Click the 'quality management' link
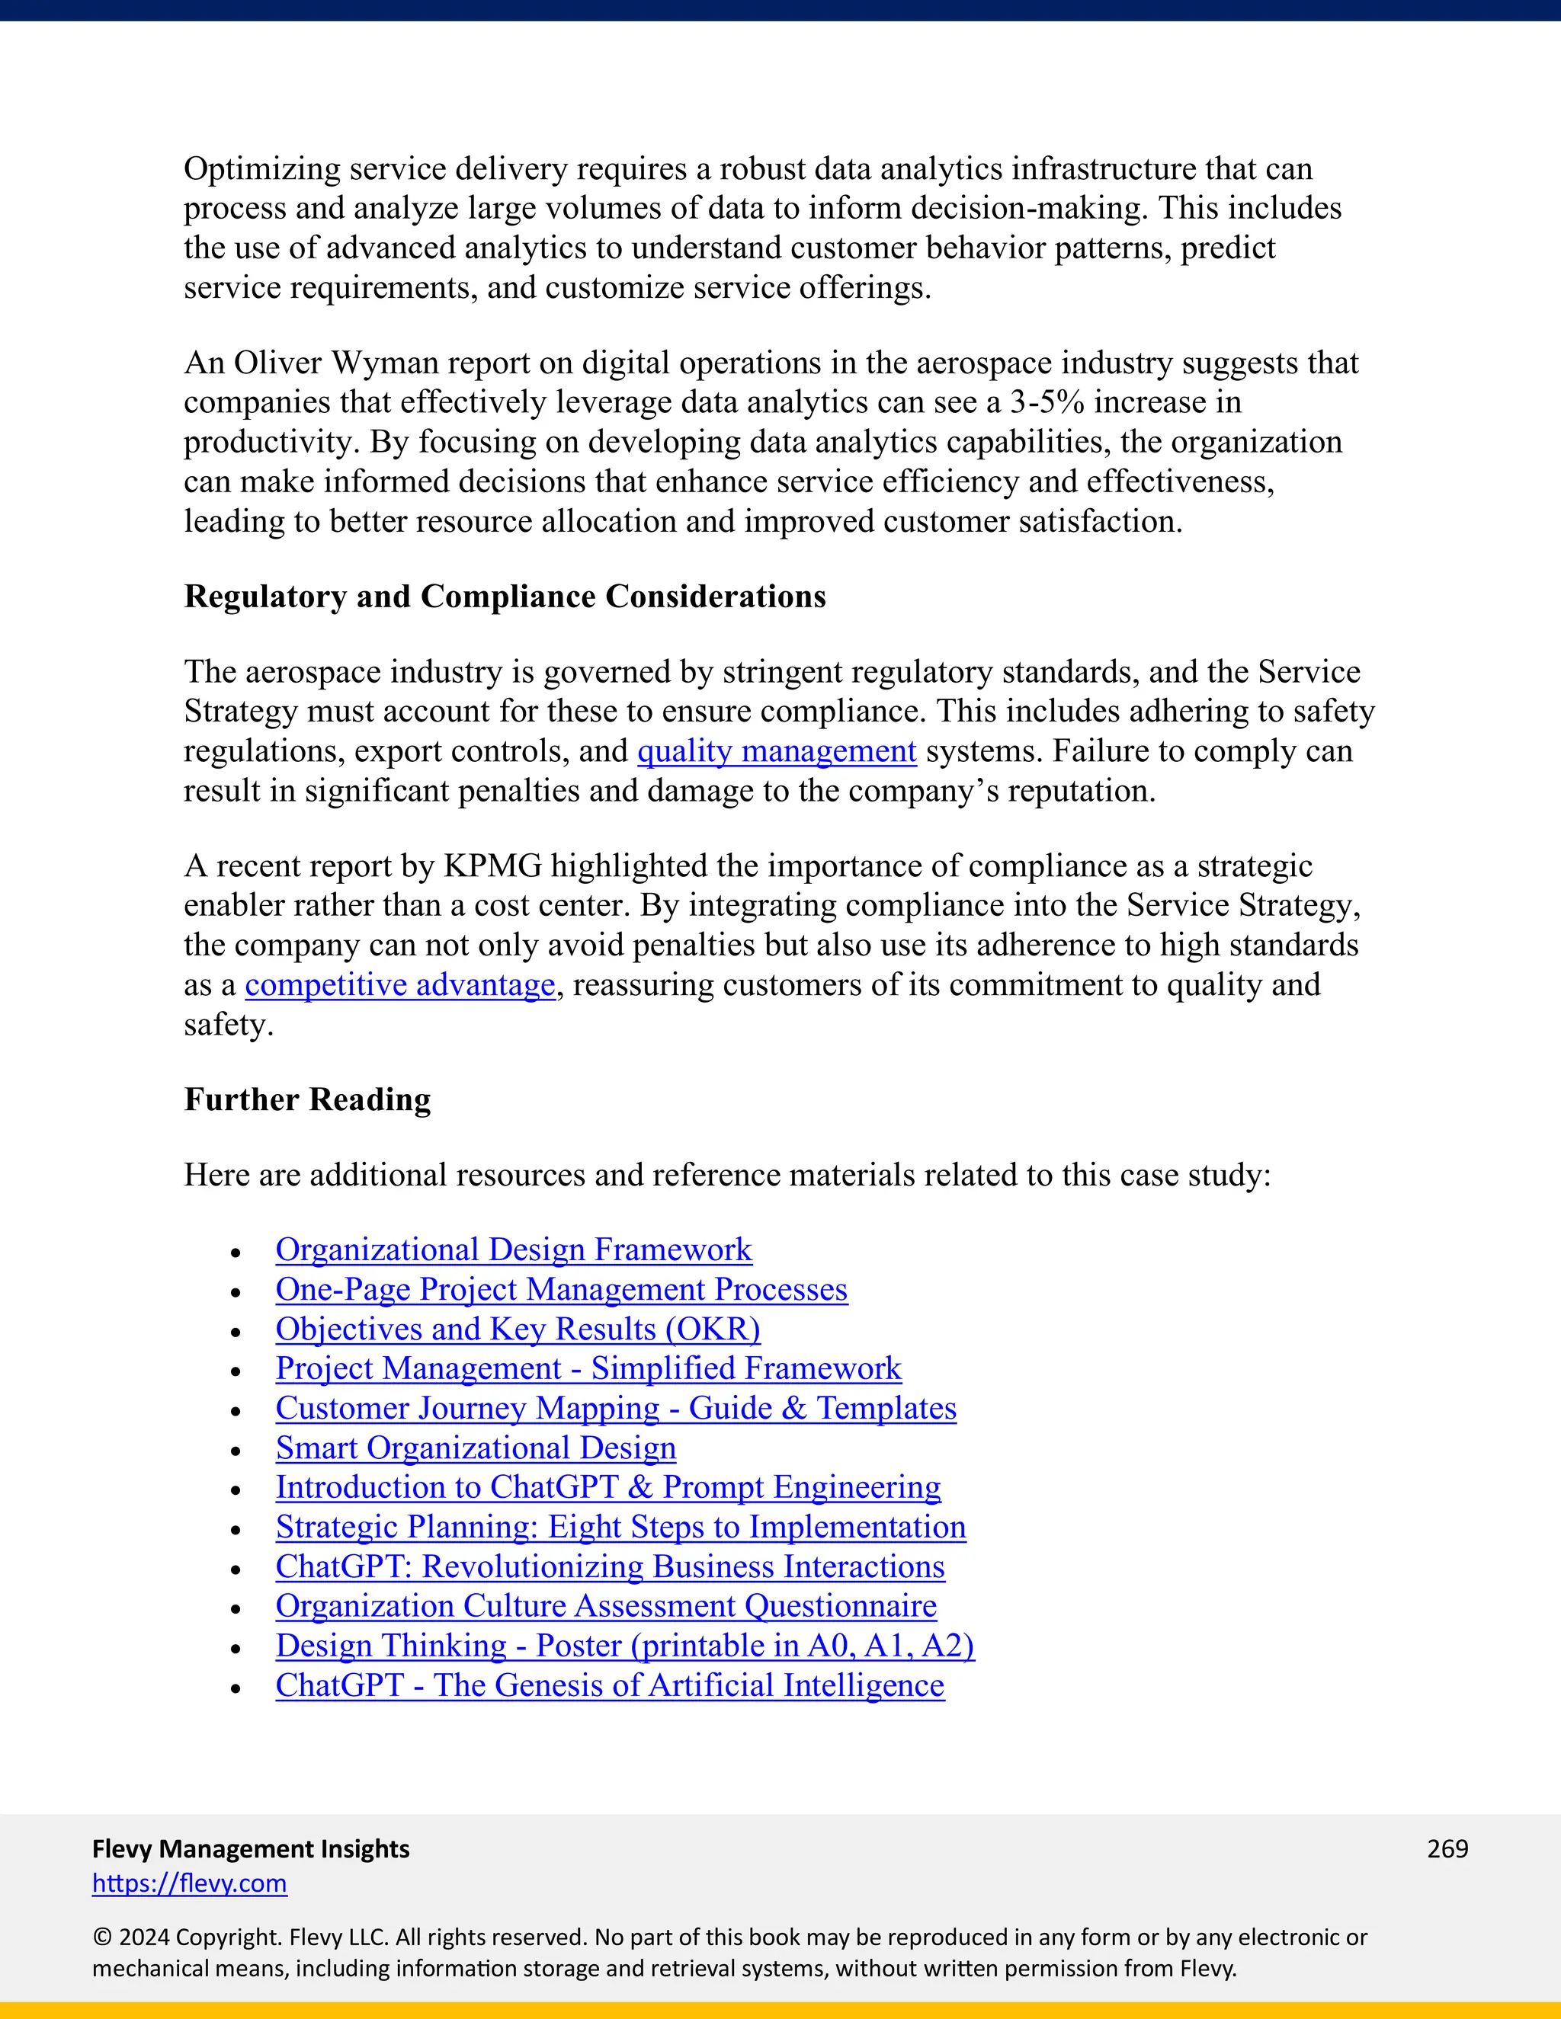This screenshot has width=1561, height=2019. pyautogui.click(x=776, y=751)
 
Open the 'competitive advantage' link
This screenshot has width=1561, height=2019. pyautogui.click(x=399, y=985)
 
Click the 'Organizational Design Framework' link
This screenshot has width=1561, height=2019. pyautogui.click(x=513, y=1249)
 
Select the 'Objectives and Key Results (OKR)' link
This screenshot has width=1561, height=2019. pyautogui.click(x=517, y=1329)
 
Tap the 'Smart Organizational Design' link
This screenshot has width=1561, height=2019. pyautogui.click(x=476, y=1448)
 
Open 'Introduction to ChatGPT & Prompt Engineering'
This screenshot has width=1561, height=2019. pyautogui.click(x=607, y=1487)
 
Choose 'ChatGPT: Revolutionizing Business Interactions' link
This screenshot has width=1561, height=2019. pyautogui.click(x=610, y=1567)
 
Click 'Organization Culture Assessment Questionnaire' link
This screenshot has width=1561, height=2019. pyautogui.click(x=606, y=1607)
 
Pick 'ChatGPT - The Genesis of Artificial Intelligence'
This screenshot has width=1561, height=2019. pyautogui.click(x=610, y=1685)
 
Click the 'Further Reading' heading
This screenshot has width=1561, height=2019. pyautogui.click(x=307, y=1100)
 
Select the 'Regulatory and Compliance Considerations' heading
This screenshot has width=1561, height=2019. pyautogui.click(x=504, y=597)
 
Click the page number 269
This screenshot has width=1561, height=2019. pyautogui.click(x=1447, y=1849)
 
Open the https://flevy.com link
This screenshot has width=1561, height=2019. pyautogui.click(x=190, y=1883)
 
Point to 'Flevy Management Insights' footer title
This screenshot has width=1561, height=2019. pyautogui.click(x=251, y=1849)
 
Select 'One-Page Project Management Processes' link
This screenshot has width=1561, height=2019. pyautogui.click(x=561, y=1290)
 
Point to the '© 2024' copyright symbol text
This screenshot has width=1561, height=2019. pyautogui.click(x=130, y=1937)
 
